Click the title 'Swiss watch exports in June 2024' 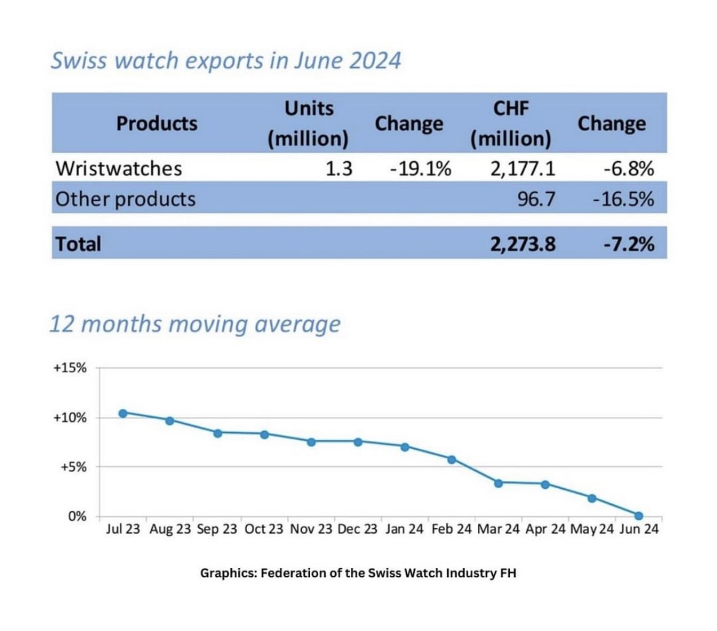click(x=226, y=62)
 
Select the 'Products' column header click(x=157, y=123)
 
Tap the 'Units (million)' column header click(x=308, y=123)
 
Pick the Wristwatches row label click(x=118, y=168)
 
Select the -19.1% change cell click(x=420, y=168)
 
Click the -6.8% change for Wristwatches click(x=628, y=168)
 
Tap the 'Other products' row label click(x=126, y=198)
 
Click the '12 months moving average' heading click(x=194, y=323)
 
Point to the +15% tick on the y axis click(x=73, y=369)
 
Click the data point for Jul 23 click(x=123, y=413)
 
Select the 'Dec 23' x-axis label click(x=358, y=529)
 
